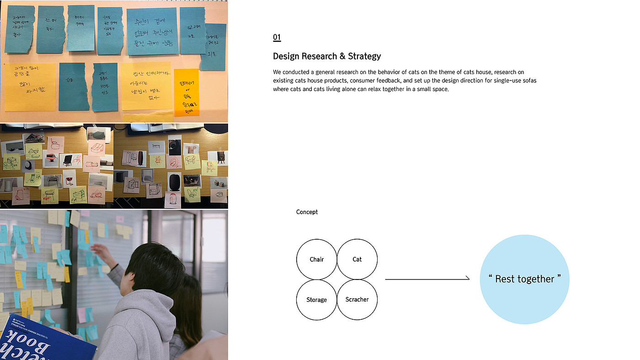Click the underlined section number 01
tap(277, 38)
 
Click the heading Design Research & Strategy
tap(326, 56)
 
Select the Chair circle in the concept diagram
tap(316, 259)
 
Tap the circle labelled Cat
tap(357, 259)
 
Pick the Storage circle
tap(316, 300)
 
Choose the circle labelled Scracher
tap(357, 300)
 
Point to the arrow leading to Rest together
tap(427, 279)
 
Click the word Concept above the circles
tap(307, 212)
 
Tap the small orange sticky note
tap(187, 92)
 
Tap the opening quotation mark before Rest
tap(490, 277)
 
